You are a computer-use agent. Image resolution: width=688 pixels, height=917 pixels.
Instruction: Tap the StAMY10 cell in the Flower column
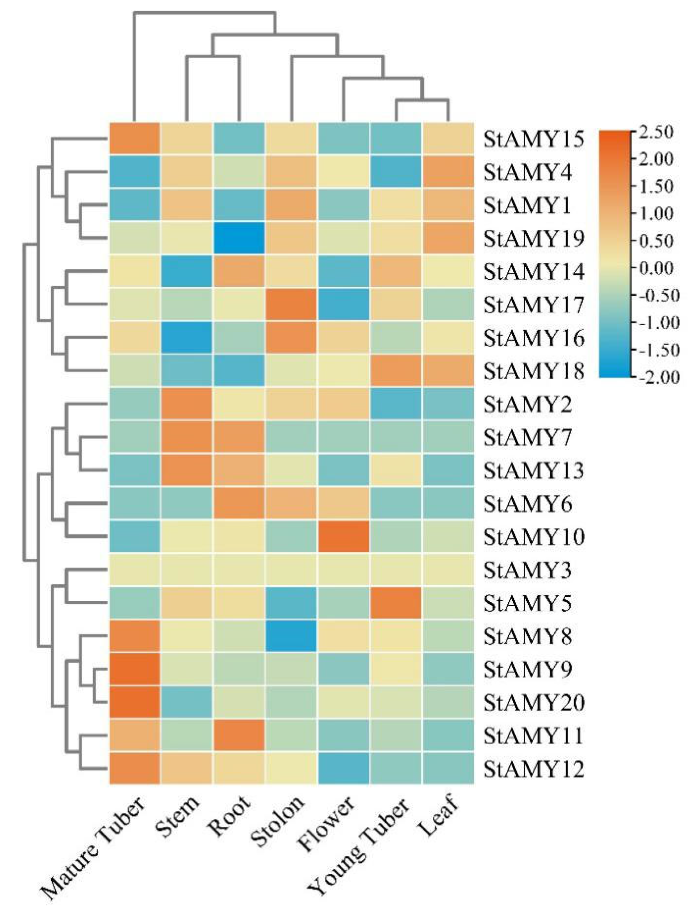point(344,536)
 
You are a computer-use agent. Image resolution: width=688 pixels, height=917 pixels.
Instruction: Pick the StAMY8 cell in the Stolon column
point(291,636)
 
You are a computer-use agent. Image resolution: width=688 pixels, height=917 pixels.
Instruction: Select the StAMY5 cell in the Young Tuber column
point(396,603)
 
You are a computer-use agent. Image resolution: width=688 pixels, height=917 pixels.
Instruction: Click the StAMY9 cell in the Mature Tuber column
point(135,669)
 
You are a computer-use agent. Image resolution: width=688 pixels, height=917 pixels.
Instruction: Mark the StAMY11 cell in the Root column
point(239,735)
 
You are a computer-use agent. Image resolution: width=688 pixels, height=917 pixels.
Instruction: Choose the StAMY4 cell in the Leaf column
point(448,172)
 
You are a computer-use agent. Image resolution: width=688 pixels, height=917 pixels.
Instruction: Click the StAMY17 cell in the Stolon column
point(291,304)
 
